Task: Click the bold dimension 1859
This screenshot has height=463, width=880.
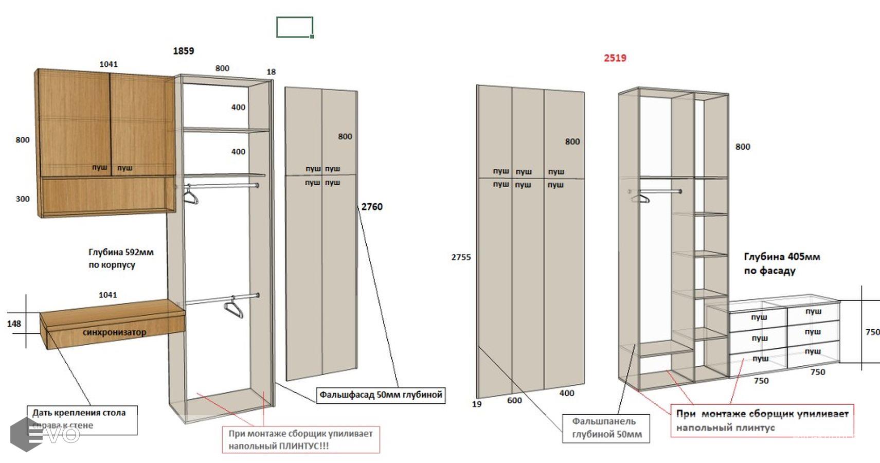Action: click(x=184, y=51)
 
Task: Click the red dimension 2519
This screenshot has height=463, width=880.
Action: click(x=615, y=58)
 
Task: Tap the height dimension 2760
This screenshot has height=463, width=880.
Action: click(x=372, y=207)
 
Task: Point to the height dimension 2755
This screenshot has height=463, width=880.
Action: click(x=461, y=257)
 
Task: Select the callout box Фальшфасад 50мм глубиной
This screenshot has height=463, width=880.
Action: click(x=381, y=395)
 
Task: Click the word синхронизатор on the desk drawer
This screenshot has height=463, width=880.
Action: click(x=114, y=332)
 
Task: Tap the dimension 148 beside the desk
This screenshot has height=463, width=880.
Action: click(x=14, y=324)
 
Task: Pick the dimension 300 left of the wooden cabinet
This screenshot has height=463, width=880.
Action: click(x=23, y=199)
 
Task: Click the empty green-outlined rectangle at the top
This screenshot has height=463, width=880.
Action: click(x=295, y=27)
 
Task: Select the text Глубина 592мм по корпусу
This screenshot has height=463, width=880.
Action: click(x=121, y=259)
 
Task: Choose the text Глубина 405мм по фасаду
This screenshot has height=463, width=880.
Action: click(x=782, y=263)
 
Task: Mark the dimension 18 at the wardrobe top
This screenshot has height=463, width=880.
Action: click(x=271, y=72)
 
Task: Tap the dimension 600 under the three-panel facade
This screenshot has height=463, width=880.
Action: click(x=514, y=401)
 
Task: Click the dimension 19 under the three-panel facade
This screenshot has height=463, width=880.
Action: click(x=477, y=404)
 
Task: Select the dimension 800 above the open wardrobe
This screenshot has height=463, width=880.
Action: click(x=222, y=68)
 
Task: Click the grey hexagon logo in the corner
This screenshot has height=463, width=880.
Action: click(x=26, y=434)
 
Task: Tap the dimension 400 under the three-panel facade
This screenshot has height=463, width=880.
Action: click(x=567, y=394)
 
